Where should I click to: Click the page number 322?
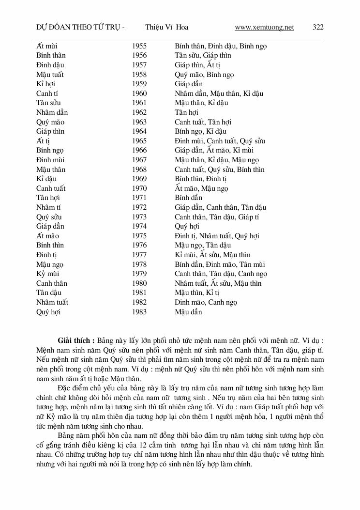point(318,27)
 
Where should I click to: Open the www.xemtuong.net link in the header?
point(264,27)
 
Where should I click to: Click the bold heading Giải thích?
point(76,340)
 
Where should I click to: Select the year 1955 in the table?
point(139,46)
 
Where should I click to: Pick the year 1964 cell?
point(139,131)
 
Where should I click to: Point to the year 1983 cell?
point(139,312)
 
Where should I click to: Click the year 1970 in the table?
point(139,188)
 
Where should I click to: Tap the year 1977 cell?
point(139,255)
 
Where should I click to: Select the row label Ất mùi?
point(47,46)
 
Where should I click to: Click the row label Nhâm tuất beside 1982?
point(52,302)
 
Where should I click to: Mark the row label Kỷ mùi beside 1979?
point(48,274)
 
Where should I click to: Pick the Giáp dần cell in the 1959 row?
point(189,84)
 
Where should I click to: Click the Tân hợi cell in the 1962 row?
point(187,112)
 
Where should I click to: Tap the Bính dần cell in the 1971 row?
point(188,198)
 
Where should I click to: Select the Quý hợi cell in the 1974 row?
point(187,226)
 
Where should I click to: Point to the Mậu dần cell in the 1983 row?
point(188,312)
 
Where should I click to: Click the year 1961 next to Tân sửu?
point(139,103)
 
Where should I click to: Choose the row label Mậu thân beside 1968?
point(51,170)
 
